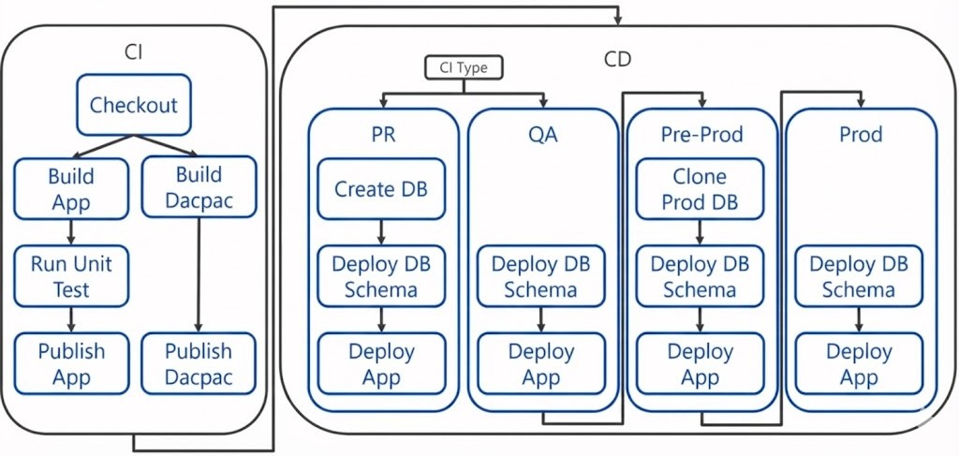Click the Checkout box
click(x=133, y=105)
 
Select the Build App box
click(x=71, y=188)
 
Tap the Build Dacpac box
click(x=199, y=187)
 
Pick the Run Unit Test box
click(x=72, y=276)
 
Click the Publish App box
click(x=71, y=363)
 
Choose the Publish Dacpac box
click(x=199, y=363)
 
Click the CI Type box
click(x=464, y=67)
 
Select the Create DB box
click(x=381, y=189)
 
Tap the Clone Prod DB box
click(x=700, y=189)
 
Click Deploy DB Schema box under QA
click(x=540, y=276)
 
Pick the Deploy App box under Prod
click(x=859, y=363)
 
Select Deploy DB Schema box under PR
click(x=381, y=276)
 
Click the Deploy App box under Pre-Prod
click(x=700, y=363)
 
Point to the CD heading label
click(x=617, y=60)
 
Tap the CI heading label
click(x=134, y=52)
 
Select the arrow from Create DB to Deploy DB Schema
click(x=381, y=232)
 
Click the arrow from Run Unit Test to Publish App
click(x=71, y=319)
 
